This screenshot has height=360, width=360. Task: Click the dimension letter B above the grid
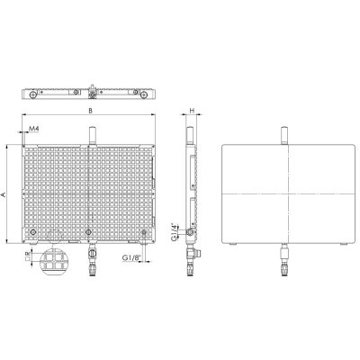90,111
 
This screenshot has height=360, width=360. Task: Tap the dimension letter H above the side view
193,111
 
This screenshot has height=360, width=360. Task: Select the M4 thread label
33,131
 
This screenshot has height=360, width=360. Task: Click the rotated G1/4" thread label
175,232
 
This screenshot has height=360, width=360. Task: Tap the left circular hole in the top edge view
32,94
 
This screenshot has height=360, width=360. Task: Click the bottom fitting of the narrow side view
191,261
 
